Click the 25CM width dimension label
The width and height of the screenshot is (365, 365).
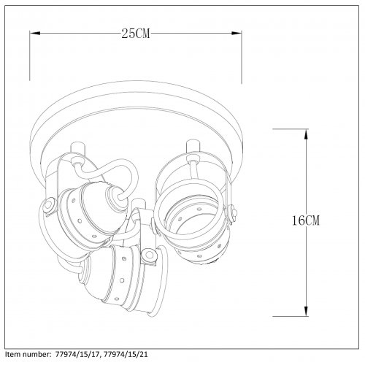tap(136, 34)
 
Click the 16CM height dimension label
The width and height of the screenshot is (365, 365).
tap(306, 220)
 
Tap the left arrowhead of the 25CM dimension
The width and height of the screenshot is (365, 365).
tap(35, 33)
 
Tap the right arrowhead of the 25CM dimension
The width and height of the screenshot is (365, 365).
tap(237, 33)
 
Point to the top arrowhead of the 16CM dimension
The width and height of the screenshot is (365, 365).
tap(306, 134)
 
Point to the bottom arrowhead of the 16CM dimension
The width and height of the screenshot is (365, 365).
tap(306, 311)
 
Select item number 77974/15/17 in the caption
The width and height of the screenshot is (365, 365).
tap(78, 354)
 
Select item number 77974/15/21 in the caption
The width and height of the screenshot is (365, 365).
tap(126, 354)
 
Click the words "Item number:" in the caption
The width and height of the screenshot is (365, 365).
tap(28, 354)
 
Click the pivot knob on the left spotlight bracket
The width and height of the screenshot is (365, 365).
tap(48, 205)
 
